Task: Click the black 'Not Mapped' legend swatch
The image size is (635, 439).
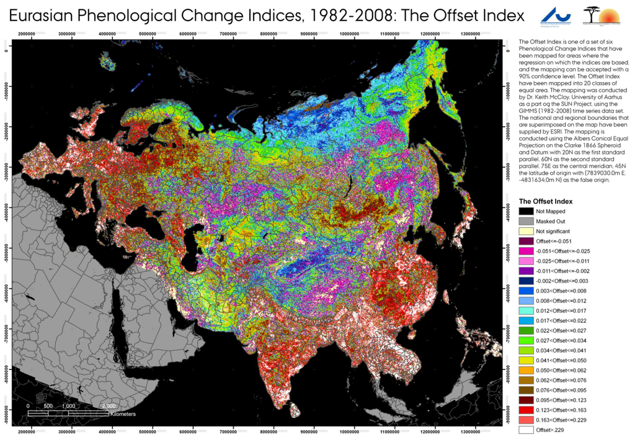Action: point(526,211)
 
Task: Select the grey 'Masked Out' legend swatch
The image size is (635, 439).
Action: point(526,221)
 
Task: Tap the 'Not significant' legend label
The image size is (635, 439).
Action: point(553,231)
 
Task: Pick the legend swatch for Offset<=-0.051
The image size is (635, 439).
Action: point(526,241)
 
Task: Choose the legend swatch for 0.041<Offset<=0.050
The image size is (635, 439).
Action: point(526,360)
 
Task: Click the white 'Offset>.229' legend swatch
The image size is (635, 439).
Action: point(526,430)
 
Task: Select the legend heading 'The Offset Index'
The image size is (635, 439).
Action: point(546,201)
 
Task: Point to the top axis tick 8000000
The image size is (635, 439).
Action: point(269,34)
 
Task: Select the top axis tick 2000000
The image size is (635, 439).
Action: point(26,34)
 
